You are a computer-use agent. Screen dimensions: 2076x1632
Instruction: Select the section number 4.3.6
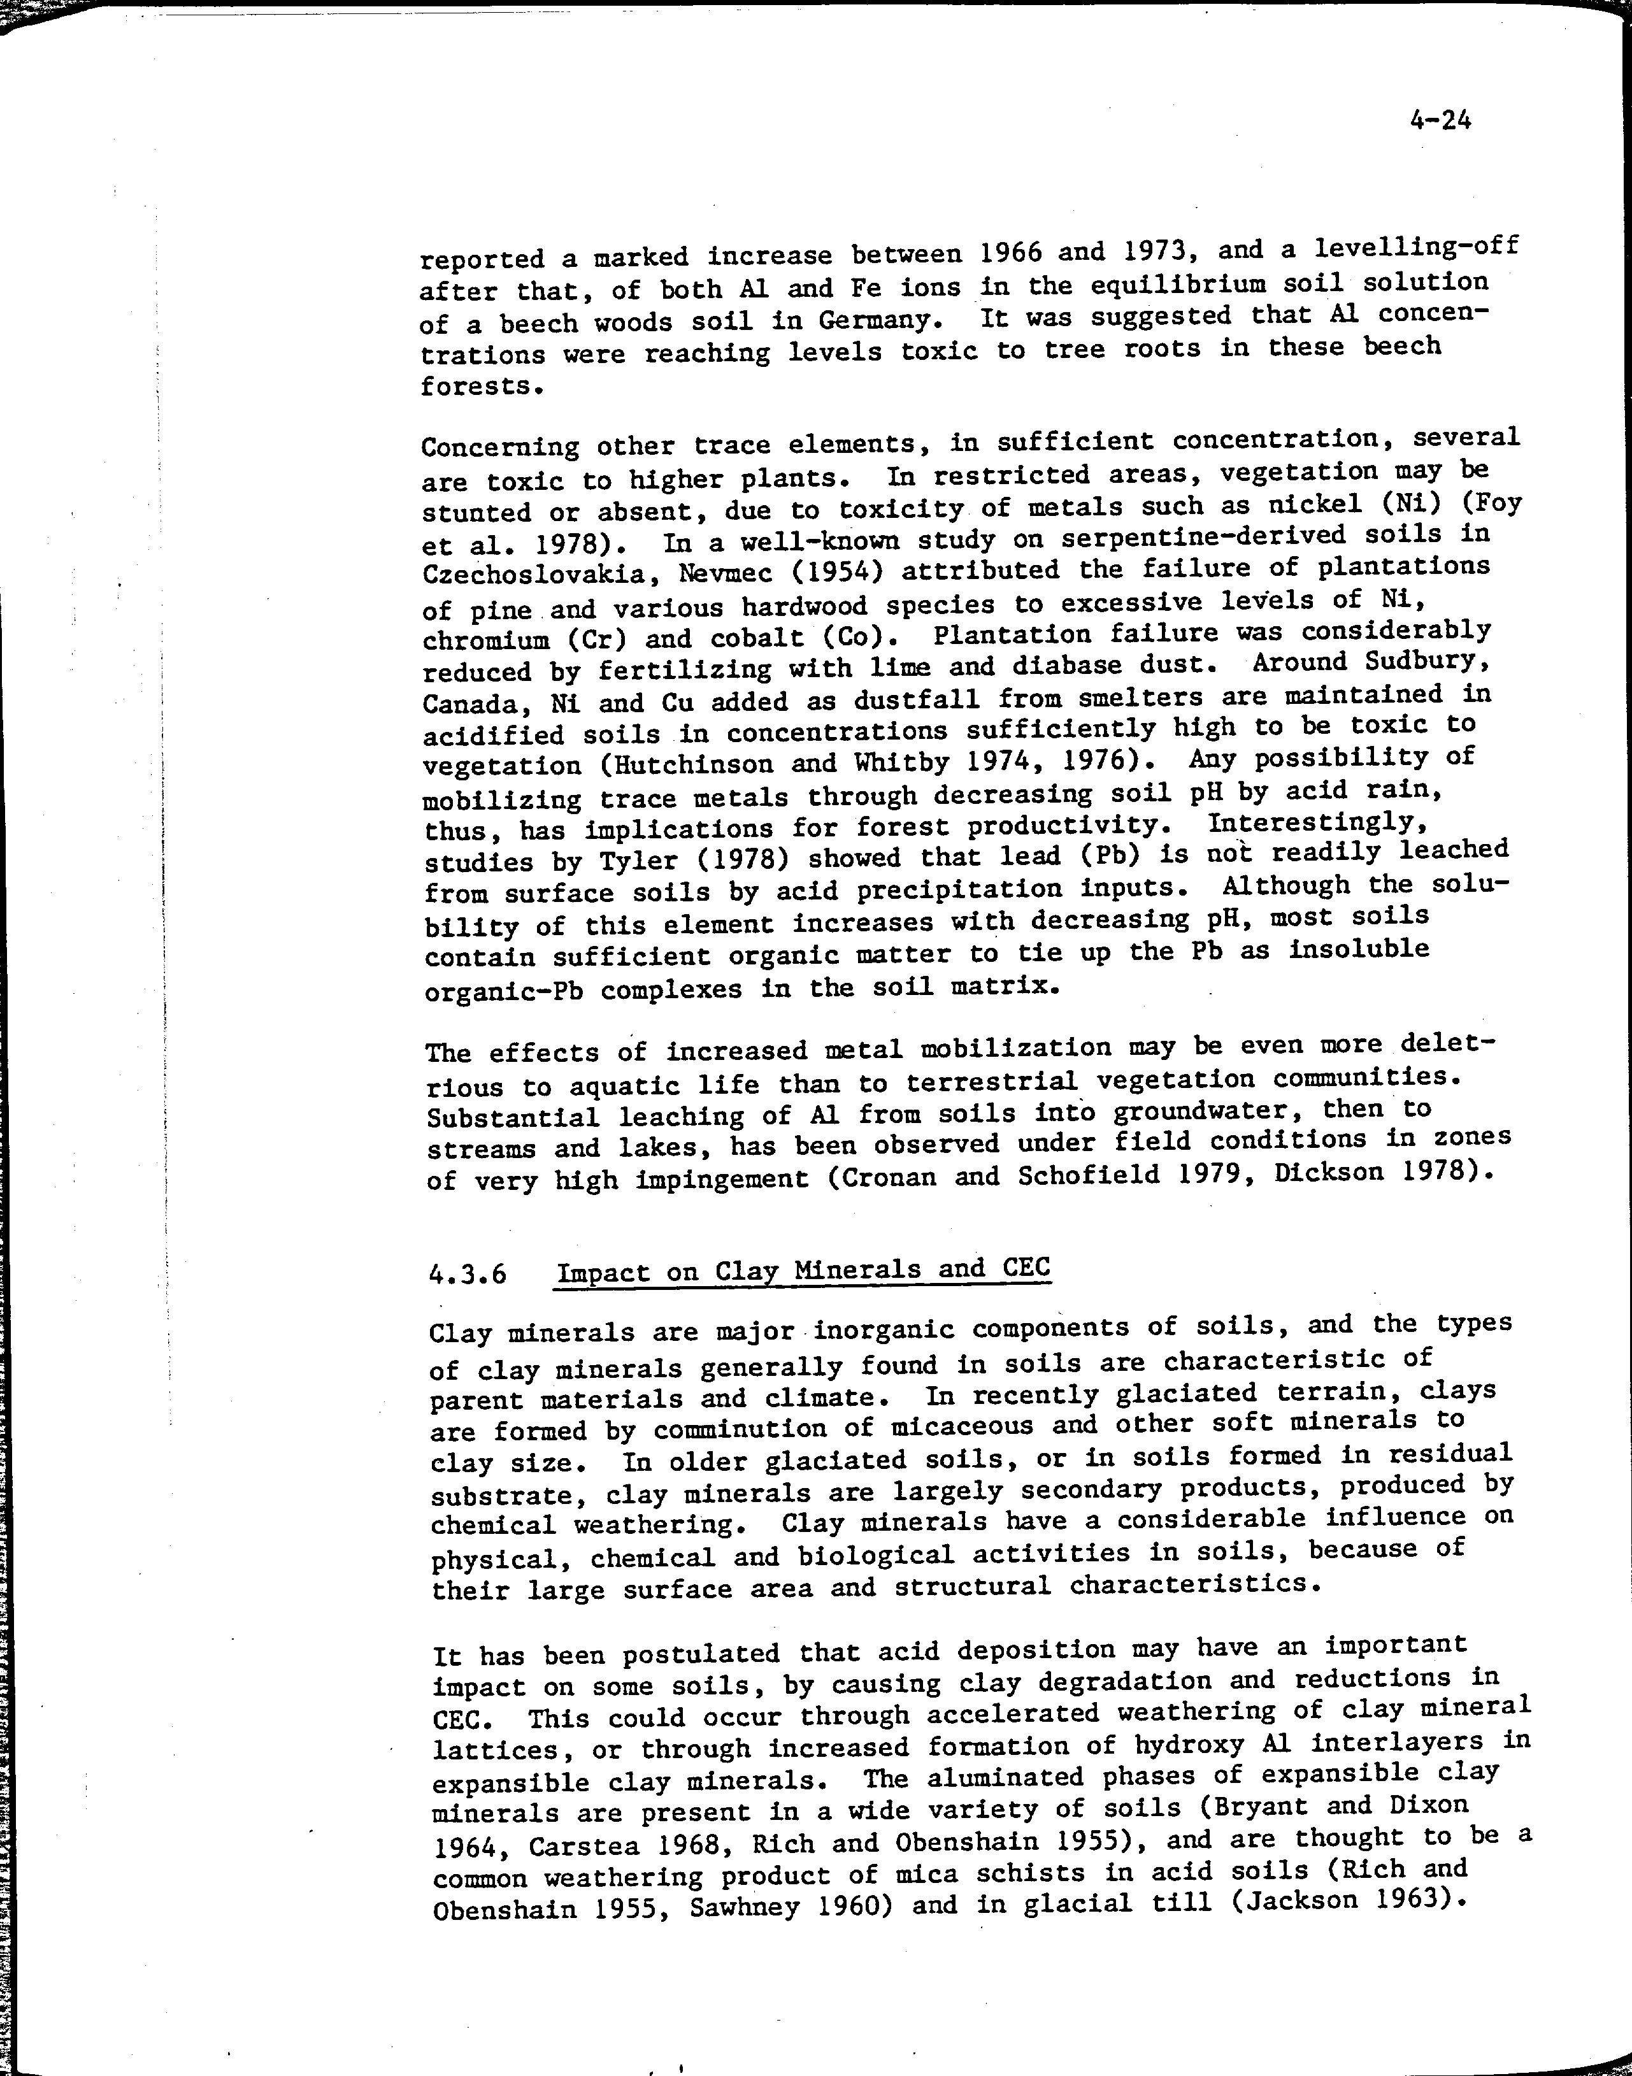coord(468,1275)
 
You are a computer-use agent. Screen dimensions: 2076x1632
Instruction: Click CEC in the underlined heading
coord(1026,1269)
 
